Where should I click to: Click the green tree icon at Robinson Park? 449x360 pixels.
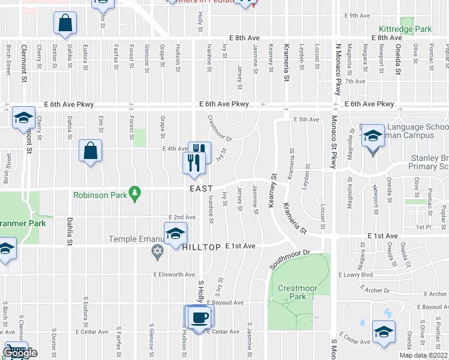(x=137, y=193)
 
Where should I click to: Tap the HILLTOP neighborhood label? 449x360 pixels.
(x=202, y=247)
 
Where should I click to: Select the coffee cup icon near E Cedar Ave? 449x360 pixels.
(x=199, y=317)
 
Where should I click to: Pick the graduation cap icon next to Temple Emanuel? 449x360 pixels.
(x=175, y=233)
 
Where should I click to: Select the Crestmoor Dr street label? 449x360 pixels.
(x=219, y=128)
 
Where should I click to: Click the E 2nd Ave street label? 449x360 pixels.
(x=182, y=217)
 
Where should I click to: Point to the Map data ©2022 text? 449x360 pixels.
(x=423, y=355)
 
